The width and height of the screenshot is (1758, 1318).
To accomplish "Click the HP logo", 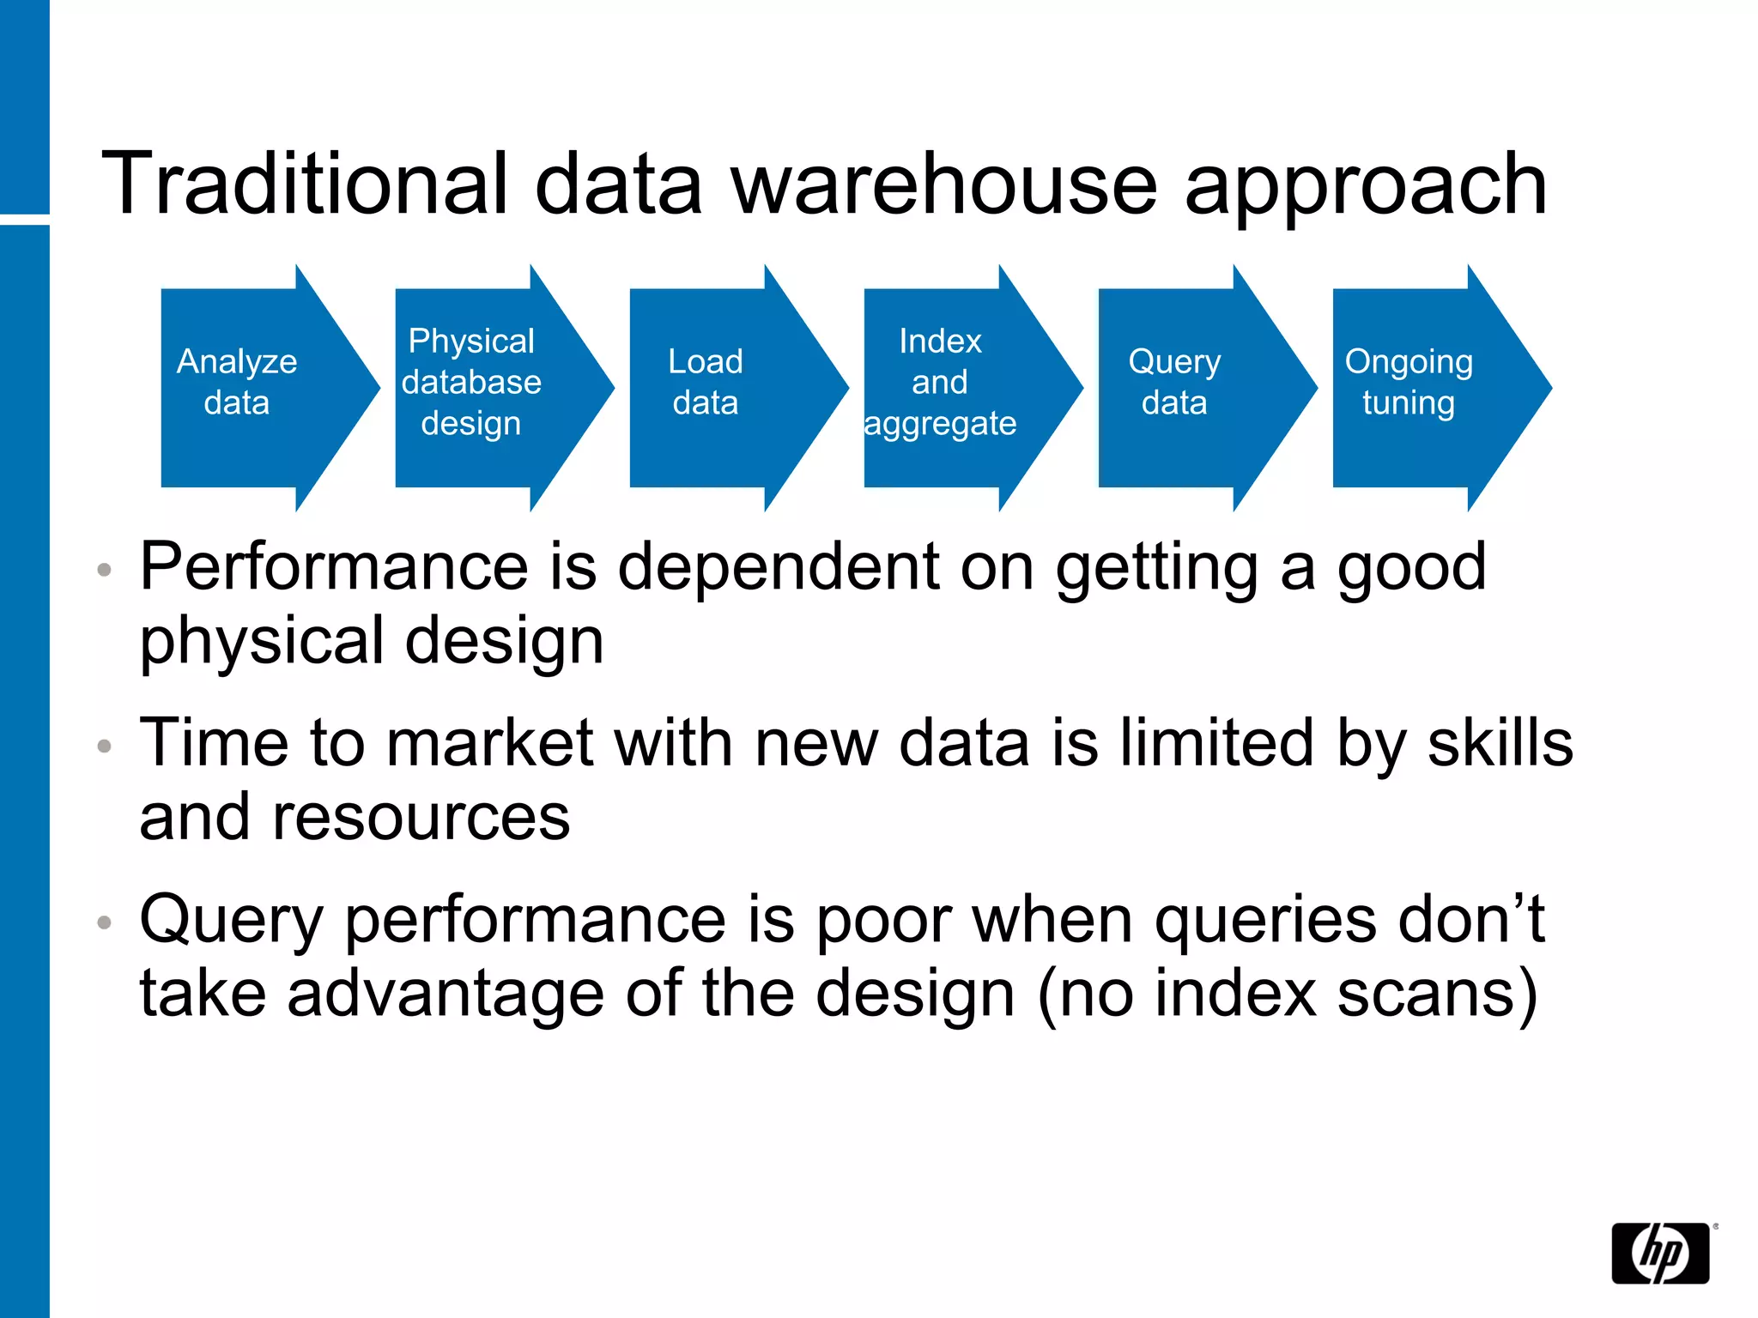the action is tap(1659, 1253).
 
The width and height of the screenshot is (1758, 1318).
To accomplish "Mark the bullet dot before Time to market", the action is tap(105, 746).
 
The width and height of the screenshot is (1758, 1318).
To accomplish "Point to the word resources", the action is tap(421, 817).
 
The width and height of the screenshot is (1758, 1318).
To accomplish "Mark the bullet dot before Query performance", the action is tap(105, 922).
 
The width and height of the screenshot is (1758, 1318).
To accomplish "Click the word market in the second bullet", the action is tap(489, 742).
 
